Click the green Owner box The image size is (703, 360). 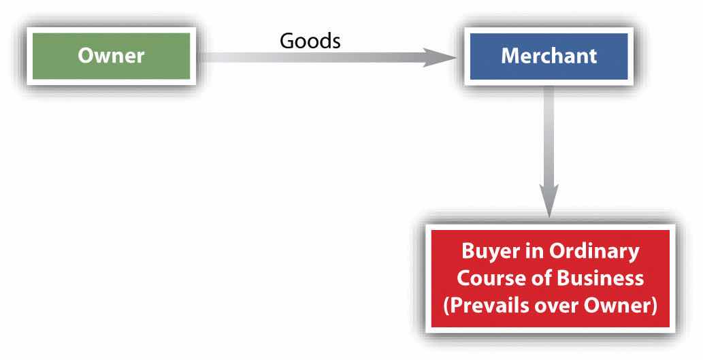click(x=111, y=56)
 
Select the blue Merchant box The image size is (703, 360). click(x=549, y=56)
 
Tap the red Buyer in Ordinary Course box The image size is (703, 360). click(x=550, y=279)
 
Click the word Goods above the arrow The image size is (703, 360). click(x=310, y=41)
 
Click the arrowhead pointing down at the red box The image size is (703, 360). click(x=549, y=201)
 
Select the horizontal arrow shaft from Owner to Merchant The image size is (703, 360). click(x=313, y=57)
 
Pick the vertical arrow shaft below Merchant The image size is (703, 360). click(x=549, y=136)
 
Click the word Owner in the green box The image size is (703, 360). click(x=111, y=56)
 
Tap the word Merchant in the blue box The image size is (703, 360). click(x=549, y=56)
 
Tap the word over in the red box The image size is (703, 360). click(x=558, y=306)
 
